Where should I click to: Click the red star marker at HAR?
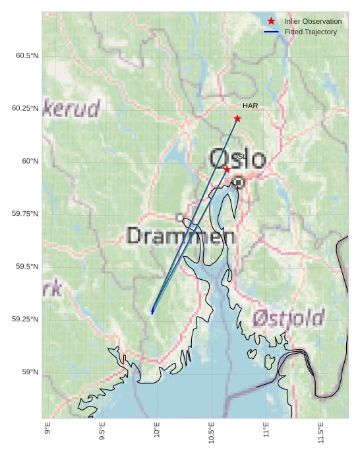pos(237,119)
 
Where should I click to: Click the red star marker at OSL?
pos(227,170)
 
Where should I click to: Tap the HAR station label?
pos(250,106)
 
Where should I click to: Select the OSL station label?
pos(239,156)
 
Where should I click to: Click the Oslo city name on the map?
pos(237,160)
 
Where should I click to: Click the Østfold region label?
pos(288,319)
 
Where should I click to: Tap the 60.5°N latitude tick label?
pos(27,55)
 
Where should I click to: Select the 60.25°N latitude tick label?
pos(25,108)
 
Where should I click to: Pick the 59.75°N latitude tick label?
pos(25,214)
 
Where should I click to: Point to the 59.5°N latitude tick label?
pos(27,267)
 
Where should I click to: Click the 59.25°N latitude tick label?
pos(25,319)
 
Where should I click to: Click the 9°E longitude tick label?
pos(47,429)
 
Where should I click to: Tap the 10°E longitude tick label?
pos(156,430)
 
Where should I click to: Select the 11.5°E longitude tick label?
pos(320,433)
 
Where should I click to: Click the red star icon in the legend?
pos(271,21)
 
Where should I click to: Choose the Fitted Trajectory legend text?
pos(311,32)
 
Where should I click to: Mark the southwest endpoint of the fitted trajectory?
pos(152,311)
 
